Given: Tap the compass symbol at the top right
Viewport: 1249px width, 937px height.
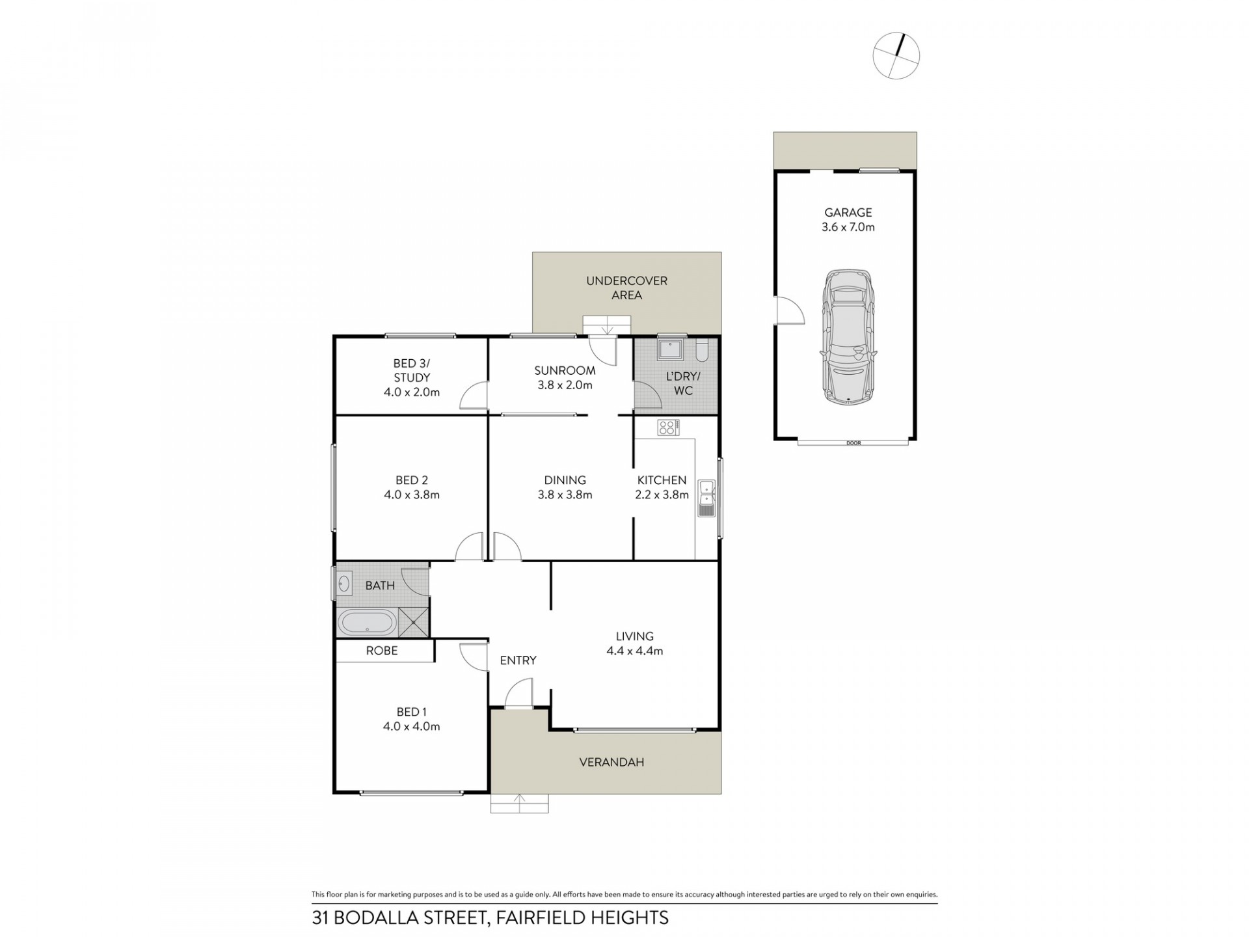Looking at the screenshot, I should (896, 55).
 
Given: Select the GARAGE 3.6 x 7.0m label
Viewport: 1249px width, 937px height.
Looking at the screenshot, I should (848, 220).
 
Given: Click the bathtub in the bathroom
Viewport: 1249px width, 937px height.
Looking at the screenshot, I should (367, 623).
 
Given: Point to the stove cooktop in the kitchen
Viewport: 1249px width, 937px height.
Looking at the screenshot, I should (668, 428).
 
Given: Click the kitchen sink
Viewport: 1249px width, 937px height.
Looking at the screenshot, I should (706, 498).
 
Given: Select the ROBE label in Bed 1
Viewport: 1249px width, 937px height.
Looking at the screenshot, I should (382, 651).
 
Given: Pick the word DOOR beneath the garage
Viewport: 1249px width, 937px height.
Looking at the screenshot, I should (853, 443).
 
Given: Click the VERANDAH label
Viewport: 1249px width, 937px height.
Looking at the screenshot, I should (611, 762).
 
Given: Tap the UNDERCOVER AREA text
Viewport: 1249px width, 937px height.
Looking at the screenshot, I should (626, 288).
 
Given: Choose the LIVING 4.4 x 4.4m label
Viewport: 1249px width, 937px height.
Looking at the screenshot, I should (634, 644).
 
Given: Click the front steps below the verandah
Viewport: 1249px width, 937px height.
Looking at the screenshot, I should (519, 804).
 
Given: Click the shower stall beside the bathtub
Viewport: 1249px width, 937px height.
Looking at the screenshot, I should (413, 622).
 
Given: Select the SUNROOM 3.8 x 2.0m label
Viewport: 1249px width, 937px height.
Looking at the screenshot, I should (565, 377).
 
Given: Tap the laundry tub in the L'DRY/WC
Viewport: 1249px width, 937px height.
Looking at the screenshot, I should (670, 349).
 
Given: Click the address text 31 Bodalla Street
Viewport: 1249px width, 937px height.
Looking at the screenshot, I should (490, 918).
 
